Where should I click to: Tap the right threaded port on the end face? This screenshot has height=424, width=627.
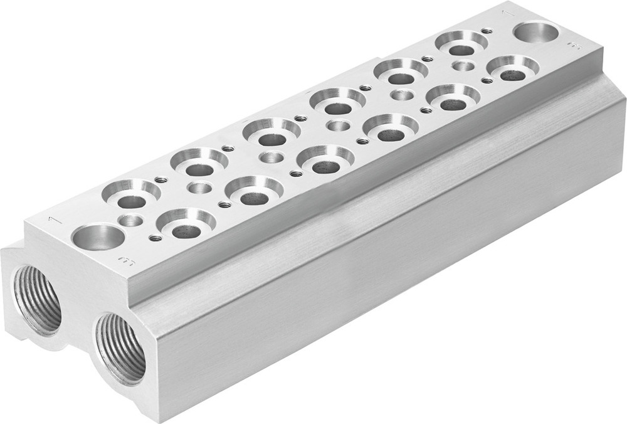(x=120, y=347)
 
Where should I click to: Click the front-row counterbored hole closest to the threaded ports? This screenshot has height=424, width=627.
(x=186, y=221)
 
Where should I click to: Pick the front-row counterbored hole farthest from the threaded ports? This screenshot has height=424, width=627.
(x=513, y=68)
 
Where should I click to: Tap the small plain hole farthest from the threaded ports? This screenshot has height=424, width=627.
(x=463, y=66)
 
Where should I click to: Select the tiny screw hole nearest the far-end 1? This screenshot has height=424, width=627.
(x=487, y=31)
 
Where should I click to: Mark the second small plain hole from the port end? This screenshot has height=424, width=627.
(x=200, y=188)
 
